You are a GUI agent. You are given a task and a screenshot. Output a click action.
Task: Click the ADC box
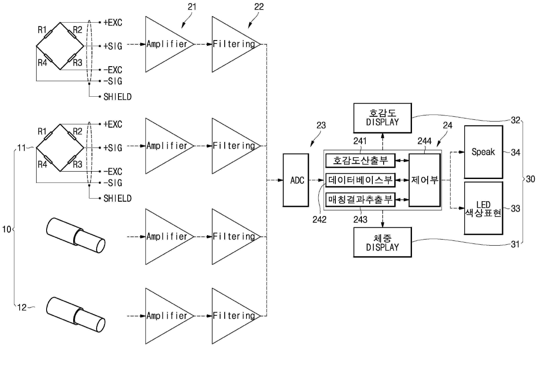[296, 180]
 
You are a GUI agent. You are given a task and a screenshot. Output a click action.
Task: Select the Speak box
[483, 152]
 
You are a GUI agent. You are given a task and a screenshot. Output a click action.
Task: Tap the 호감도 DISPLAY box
[382, 118]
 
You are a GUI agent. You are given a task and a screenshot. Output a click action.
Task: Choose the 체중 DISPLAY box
[382, 242]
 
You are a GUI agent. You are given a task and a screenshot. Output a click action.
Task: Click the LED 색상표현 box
[483, 208]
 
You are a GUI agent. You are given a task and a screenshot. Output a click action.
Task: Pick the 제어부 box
[425, 180]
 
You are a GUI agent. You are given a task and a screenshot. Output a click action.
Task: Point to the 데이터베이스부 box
[360, 180]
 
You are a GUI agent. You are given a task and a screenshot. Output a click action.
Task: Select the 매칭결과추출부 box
[360, 199]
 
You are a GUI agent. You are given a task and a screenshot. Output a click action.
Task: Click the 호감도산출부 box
[360, 160]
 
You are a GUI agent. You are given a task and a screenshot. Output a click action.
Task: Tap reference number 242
[319, 219]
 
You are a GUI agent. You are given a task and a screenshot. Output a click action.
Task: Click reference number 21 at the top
[192, 7]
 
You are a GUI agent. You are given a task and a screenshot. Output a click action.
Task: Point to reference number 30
[530, 179]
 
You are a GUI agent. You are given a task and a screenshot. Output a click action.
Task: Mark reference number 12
[22, 307]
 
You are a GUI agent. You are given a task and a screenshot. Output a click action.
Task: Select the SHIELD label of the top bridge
[118, 97]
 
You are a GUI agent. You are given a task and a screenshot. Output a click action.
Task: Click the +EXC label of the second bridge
[113, 124]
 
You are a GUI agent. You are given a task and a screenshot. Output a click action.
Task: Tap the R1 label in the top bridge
[42, 30]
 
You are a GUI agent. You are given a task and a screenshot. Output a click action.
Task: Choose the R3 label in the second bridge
[78, 164]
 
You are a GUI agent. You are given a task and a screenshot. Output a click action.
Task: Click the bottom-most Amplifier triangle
[169, 316]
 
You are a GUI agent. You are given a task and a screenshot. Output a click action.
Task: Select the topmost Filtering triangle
[236, 44]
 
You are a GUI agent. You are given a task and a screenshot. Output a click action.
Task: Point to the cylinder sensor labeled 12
[76, 315]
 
